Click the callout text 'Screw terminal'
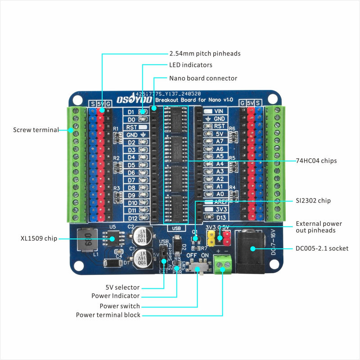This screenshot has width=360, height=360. (36, 130)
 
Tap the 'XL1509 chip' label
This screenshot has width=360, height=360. (39, 238)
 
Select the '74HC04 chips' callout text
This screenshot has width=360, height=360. (316, 161)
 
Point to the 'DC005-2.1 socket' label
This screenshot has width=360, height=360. (322, 248)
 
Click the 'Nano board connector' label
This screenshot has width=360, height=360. (203, 78)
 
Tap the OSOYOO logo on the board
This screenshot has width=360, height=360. (131, 100)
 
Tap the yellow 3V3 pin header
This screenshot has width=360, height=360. (210, 235)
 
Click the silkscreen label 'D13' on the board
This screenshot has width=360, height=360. (220, 218)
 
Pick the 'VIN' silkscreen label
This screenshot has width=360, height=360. (220, 111)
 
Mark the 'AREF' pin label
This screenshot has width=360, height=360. (221, 202)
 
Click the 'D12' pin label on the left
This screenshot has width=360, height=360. (132, 218)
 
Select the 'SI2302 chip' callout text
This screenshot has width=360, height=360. (313, 200)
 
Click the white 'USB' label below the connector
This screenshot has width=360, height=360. (176, 228)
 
